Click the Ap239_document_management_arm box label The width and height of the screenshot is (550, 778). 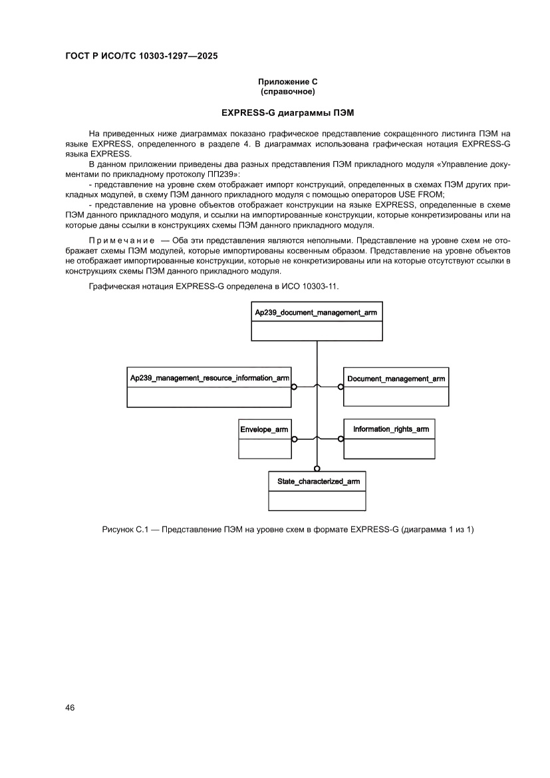coord(317,312)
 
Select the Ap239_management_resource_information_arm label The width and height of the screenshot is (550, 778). coord(209,378)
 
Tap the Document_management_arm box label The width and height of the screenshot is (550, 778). coord(396,378)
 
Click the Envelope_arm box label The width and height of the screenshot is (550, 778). coord(265,429)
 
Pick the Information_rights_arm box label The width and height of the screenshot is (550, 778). coord(391,429)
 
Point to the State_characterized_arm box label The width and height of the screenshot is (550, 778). coord(317,481)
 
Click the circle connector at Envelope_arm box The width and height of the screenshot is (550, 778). coord(293,439)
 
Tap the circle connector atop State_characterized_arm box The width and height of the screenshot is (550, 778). coord(317,469)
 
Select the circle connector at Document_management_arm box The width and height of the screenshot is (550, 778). coord(341,386)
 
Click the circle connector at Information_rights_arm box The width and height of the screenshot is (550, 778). coord(341,439)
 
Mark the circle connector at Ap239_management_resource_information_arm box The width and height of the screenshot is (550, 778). coord(293,386)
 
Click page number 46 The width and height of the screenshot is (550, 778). coord(70,707)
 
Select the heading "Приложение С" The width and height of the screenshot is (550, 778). coord(287,81)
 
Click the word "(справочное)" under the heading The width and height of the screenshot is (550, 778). coord(287,91)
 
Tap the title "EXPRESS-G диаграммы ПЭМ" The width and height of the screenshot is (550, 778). coord(287,112)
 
